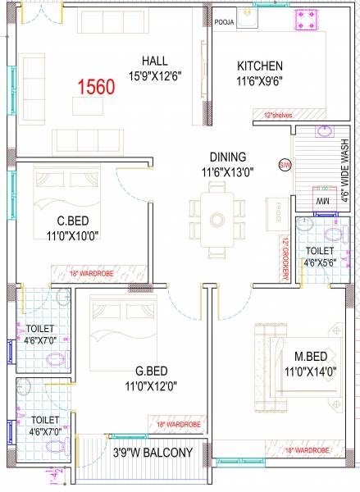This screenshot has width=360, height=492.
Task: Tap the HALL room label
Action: [155, 59]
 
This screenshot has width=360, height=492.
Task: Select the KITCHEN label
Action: [260, 66]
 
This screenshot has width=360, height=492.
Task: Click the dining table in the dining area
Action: [216, 219]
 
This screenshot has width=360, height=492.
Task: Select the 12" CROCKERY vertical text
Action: [284, 259]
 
